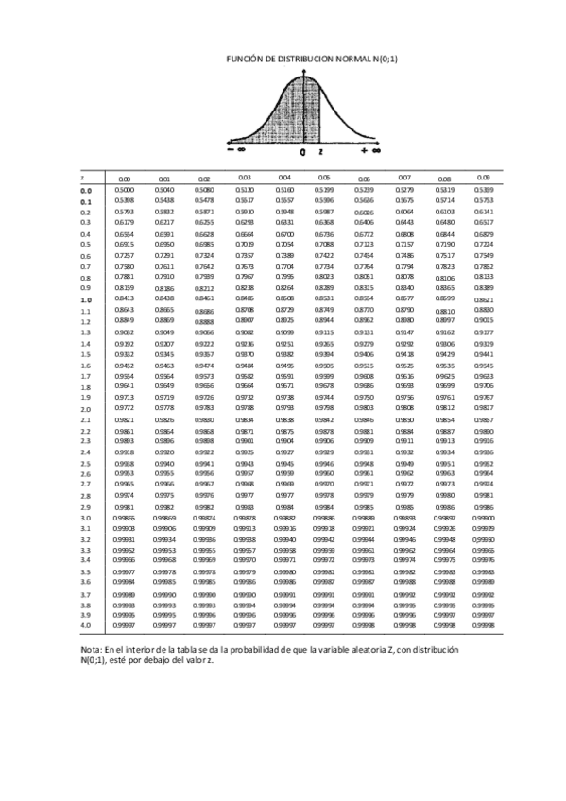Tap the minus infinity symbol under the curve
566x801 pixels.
pyautogui.click(x=235, y=149)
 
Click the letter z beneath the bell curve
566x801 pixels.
pyautogui.click(x=320, y=150)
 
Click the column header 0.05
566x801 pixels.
pyautogui.click(x=324, y=178)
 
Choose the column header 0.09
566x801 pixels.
pyautogui.click(x=484, y=178)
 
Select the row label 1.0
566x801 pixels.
pyautogui.click(x=85, y=299)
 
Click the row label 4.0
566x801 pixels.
pyautogui.click(x=85, y=625)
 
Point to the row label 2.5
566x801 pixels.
pyautogui.click(x=85, y=464)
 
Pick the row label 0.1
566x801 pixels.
pyautogui.click(x=85, y=201)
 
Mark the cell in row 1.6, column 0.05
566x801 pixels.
pyautogui.click(x=324, y=365)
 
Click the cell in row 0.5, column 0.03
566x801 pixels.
pyautogui.click(x=244, y=244)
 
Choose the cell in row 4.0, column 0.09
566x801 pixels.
pyautogui.click(x=484, y=625)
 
